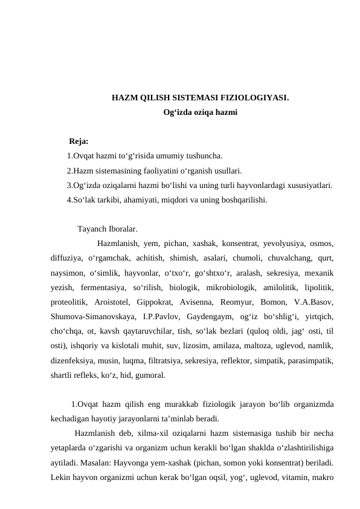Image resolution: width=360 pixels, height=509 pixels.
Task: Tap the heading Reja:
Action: [x=79, y=142]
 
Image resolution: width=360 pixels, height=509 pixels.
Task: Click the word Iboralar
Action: [x=123, y=230]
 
